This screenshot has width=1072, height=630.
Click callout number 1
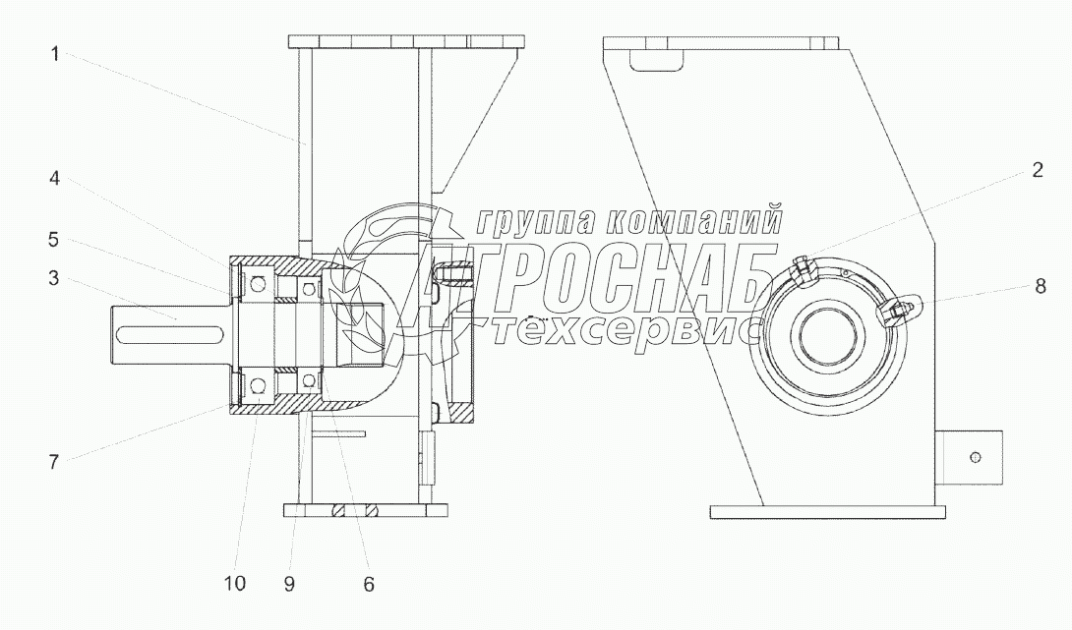[x=55, y=53]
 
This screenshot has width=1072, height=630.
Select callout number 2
[x=1038, y=170]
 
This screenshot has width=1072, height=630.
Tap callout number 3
[x=53, y=278]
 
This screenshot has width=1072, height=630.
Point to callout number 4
[x=54, y=178]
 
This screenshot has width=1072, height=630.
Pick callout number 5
[x=53, y=240]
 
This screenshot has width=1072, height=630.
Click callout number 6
[x=369, y=584]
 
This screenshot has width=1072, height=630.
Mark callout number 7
[x=53, y=462]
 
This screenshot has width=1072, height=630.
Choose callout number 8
[x=1040, y=286]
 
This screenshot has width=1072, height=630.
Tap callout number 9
[x=289, y=584]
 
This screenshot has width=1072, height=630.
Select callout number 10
[x=234, y=584]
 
